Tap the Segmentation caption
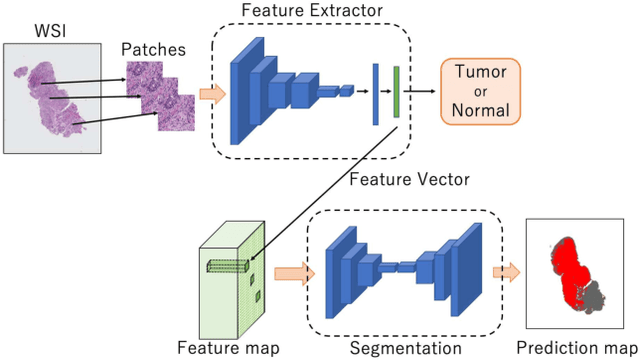[405, 347]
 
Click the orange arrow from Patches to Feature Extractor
[211, 95]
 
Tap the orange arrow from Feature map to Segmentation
[290, 271]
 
